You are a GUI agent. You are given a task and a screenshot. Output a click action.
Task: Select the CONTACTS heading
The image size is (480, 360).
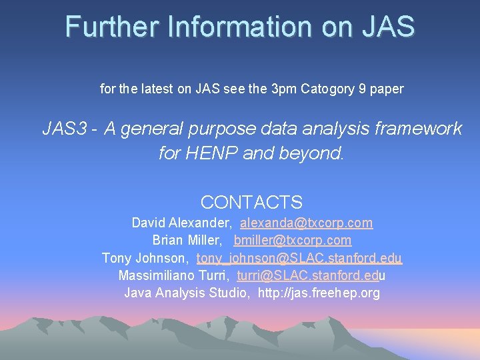(251, 202)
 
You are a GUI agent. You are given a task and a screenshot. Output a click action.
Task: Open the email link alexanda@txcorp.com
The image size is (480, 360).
(307, 223)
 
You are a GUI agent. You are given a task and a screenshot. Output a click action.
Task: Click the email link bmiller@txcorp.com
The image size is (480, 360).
(293, 240)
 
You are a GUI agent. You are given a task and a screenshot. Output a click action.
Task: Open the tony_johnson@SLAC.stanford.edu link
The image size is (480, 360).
(299, 257)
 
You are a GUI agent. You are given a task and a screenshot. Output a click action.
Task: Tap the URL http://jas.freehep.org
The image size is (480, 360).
(319, 292)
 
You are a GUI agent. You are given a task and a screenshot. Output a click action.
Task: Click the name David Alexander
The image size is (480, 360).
(181, 223)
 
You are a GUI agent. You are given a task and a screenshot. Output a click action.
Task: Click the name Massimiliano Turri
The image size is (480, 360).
(173, 275)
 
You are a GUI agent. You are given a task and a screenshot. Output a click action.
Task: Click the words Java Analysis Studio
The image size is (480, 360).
(186, 292)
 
